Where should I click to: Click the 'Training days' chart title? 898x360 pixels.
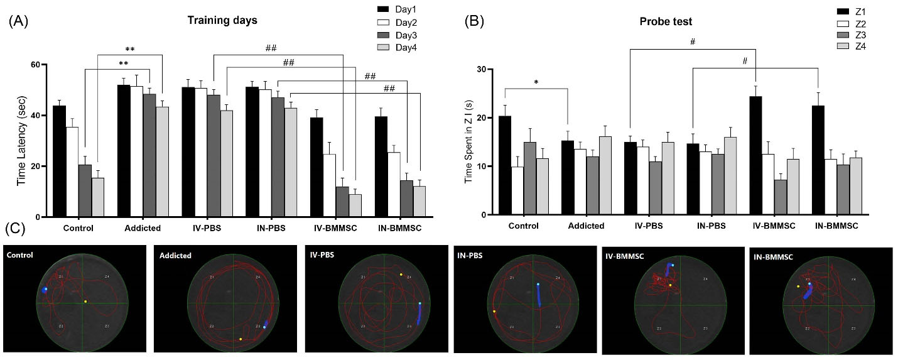pyautogui.click(x=222, y=19)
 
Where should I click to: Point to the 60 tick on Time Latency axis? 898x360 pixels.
pyautogui.click(x=35, y=65)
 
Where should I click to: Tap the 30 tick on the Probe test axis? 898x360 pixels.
pyautogui.click(x=482, y=69)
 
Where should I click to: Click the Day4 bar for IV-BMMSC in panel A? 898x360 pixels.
pyautogui.click(x=356, y=205)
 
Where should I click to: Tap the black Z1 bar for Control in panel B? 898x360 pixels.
pyautogui.click(x=505, y=165)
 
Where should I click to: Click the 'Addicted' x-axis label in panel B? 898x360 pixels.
pyautogui.click(x=587, y=225)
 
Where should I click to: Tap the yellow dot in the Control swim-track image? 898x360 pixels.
pyautogui.click(x=85, y=302)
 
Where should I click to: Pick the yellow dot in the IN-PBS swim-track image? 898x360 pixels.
pyautogui.click(x=494, y=311)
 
